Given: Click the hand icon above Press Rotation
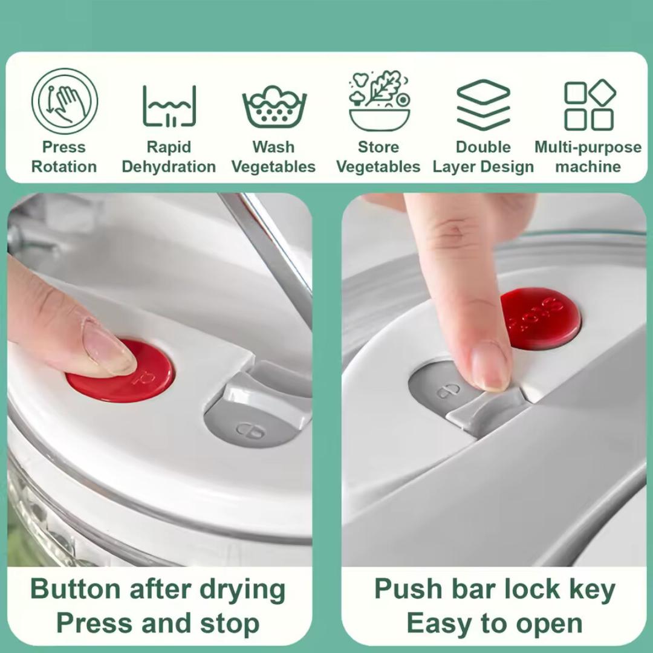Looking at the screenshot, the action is click(x=65, y=101).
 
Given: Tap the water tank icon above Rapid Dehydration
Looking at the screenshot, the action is click(x=169, y=106).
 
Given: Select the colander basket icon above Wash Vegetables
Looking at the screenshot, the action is click(x=275, y=107).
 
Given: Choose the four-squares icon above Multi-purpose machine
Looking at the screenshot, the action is click(x=590, y=105).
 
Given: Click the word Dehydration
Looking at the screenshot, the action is click(x=169, y=167).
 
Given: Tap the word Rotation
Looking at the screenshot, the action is click(x=64, y=167).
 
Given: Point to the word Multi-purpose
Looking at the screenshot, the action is click(x=588, y=148).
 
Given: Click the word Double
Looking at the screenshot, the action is click(x=483, y=147).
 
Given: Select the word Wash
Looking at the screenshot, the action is click(x=273, y=147).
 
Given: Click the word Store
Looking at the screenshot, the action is click(x=378, y=147).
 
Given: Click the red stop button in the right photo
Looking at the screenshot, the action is click(x=541, y=319).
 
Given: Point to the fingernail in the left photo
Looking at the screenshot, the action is click(x=109, y=348).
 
